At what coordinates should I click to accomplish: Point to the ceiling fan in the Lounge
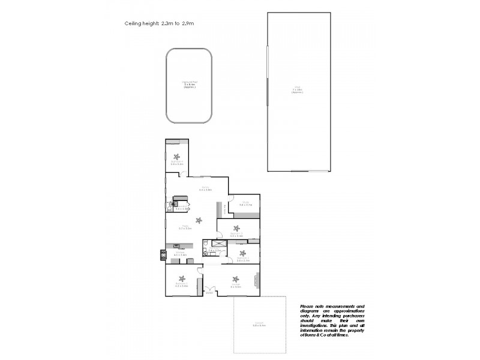coord(236,278)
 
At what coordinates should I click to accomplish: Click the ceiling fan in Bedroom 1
coord(182,278)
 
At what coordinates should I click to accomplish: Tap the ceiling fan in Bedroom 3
coord(236,227)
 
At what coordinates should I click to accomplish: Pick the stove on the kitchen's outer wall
coord(162,254)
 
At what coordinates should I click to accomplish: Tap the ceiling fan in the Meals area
coord(202,220)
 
